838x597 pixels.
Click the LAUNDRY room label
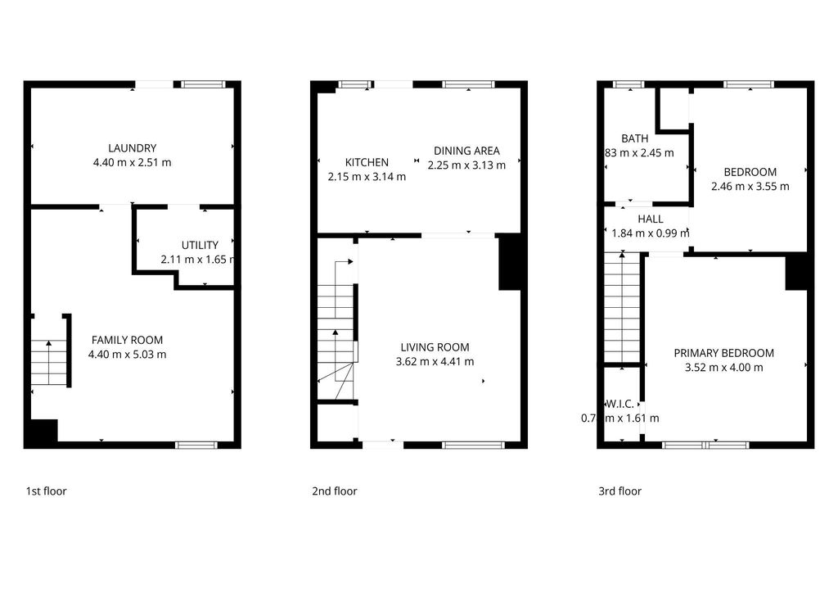tap(132, 148)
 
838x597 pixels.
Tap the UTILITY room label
tap(200, 245)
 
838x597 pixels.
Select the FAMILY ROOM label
tap(127, 340)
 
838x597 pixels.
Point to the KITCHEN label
tap(367, 162)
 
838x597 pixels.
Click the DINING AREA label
tap(466, 151)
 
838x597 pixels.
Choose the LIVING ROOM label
tap(435, 347)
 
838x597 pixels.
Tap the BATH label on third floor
tap(634, 138)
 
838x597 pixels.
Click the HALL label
tap(651, 219)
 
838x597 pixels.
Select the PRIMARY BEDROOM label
tap(723, 353)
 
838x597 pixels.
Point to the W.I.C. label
tap(619, 404)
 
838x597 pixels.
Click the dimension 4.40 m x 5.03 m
tap(127, 355)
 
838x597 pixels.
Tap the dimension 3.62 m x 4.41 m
tap(435, 361)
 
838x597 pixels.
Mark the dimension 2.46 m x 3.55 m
tap(750, 186)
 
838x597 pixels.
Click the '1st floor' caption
tap(46, 491)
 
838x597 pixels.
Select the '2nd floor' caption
tap(334, 491)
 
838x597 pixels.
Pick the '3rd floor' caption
tap(619, 491)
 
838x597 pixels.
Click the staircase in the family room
tap(48, 362)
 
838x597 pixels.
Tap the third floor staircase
tap(621, 307)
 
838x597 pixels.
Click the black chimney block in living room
tap(509, 262)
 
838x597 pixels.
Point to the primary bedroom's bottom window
tap(705, 445)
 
